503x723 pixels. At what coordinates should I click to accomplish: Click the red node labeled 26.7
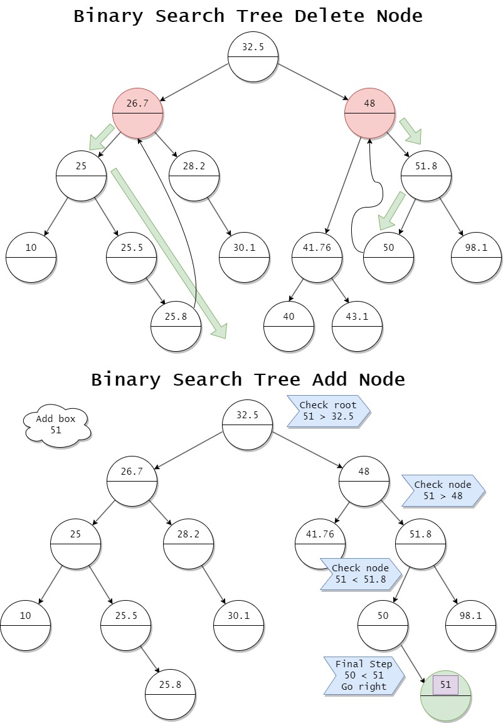coord(137,113)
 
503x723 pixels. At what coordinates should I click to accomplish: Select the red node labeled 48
coord(369,113)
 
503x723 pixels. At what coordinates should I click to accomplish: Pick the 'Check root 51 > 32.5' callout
coord(327,411)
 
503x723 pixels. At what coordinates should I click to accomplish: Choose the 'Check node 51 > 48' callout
coord(442,490)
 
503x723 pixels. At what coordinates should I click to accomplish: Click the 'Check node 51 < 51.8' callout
coord(359,574)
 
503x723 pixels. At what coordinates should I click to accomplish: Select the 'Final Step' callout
coord(363,675)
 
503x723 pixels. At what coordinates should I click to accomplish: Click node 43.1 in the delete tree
coord(357,327)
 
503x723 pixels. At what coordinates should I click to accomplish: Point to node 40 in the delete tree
coord(289,327)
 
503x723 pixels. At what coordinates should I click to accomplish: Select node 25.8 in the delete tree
coord(176,327)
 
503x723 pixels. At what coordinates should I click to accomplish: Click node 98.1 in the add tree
coord(470,625)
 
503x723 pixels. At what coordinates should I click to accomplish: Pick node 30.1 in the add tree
coord(238,625)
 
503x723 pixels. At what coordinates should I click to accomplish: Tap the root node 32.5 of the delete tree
coord(253,56)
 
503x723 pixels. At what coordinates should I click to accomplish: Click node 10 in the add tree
coord(25,625)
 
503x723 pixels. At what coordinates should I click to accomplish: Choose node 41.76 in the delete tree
coord(317,258)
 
